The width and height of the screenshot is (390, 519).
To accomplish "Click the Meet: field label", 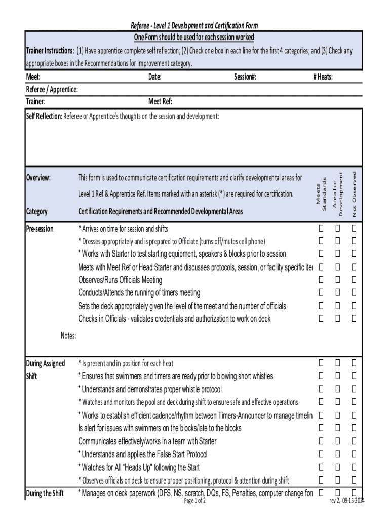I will pos(33,77).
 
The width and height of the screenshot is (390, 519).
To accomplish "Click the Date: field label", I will pos(154,77).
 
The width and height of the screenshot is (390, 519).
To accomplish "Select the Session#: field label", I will pos(245,77).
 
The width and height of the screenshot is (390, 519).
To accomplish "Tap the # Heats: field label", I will pos(323,77).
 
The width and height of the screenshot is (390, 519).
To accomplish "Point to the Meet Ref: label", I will pos(160,101).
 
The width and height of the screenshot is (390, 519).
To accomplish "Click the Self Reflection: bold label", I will pos(44,116).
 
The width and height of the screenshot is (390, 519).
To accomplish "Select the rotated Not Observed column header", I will pos(354,194).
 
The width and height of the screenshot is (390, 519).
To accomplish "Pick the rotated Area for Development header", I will pos(337,194).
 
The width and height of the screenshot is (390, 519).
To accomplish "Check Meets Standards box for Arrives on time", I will pos(321,229).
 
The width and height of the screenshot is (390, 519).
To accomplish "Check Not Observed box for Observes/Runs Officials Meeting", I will pos(354,280).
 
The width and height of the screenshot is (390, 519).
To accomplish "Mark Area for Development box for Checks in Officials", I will pos(337,319).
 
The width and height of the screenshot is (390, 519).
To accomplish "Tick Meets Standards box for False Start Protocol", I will pos(321,454).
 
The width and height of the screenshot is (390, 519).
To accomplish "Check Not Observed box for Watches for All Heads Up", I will pos(354,467).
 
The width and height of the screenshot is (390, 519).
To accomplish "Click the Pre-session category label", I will pos(40,229).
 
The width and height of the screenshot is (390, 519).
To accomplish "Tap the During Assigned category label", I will pos(45,363).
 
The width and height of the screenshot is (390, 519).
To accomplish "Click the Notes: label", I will pos(68,336).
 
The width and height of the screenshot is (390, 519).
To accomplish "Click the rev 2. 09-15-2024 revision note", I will pos(347,501).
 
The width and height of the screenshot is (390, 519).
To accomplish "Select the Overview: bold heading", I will pos(38,178).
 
